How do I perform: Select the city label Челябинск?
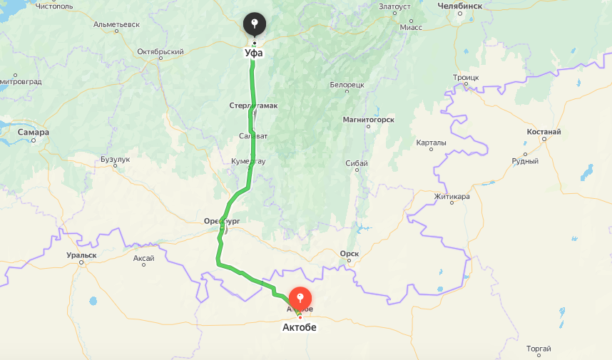click(460, 6)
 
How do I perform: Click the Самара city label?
click(34, 132)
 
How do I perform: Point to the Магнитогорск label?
click(368, 120)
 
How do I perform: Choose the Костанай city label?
click(544, 132)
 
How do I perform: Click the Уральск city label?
click(81, 254)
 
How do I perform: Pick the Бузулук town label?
click(115, 159)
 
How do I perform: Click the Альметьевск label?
click(116, 24)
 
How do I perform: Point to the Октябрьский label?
click(160, 51)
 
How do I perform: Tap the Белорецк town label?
click(347, 85)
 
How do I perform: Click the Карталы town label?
click(431, 143)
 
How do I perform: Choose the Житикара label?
click(452, 196)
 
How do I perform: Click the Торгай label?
click(538, 348)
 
